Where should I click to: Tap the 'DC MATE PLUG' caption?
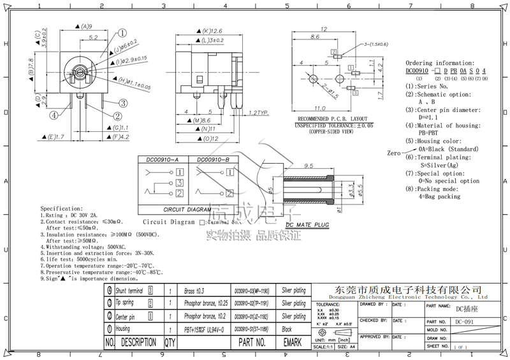[307, 225]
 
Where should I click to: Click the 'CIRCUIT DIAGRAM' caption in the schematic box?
[186, 208]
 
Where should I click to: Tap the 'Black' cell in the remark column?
[287, 329]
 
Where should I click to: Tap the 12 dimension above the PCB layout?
[324, 29]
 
